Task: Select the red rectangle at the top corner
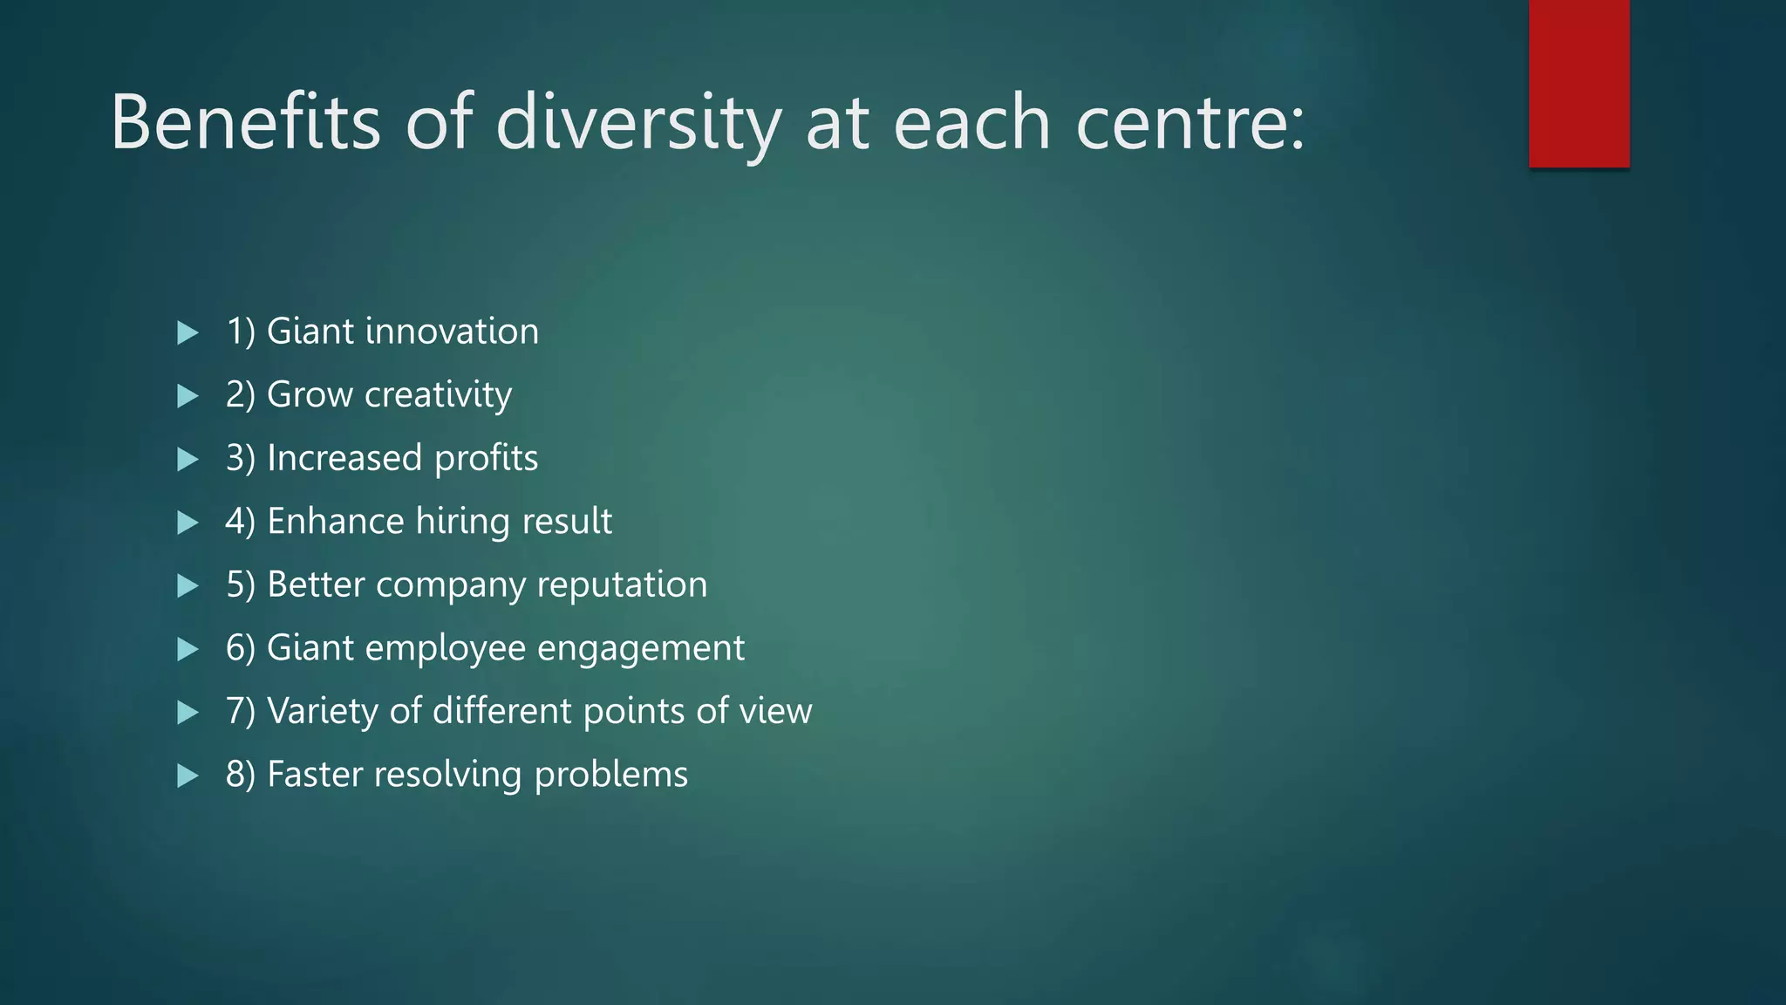(x=1578, y=83)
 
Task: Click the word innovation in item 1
(x=452, y=332)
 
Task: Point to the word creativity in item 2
(x=438, y=395)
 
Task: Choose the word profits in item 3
(x=486, y=459)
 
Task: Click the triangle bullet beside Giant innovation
(x=187, y=332)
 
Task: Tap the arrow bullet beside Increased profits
(x=187, y=460)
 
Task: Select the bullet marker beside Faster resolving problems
(x=187, y=776)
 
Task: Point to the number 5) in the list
(x=240, y=585)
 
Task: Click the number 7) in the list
(x=240, y=711)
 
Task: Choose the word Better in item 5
(x=316, y=585)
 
